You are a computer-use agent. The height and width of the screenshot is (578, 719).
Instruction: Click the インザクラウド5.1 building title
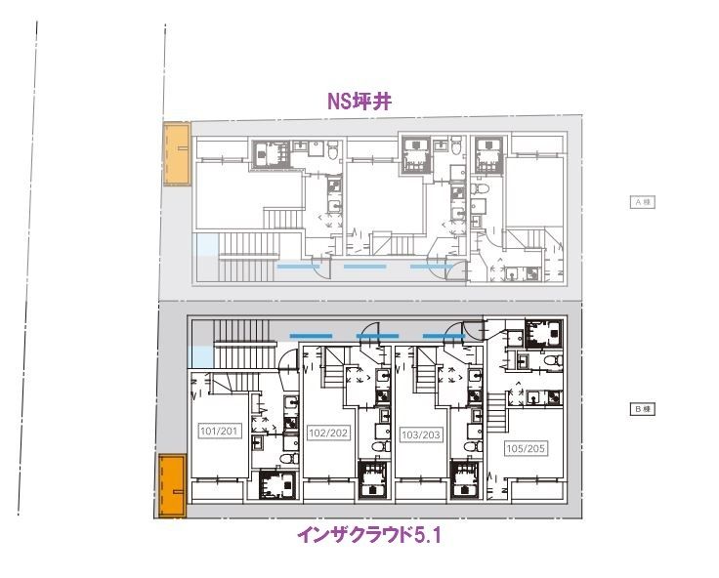370,535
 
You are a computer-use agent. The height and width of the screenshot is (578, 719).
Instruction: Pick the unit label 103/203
419,433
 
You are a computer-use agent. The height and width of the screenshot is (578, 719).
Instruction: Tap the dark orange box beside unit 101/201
172,485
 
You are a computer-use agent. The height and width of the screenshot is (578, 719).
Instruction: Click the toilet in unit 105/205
553,363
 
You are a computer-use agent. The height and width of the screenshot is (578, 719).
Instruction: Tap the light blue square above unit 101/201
199,356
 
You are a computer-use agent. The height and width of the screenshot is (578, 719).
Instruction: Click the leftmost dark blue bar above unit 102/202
312,336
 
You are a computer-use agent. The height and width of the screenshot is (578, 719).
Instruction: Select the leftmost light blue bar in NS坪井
297,267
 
